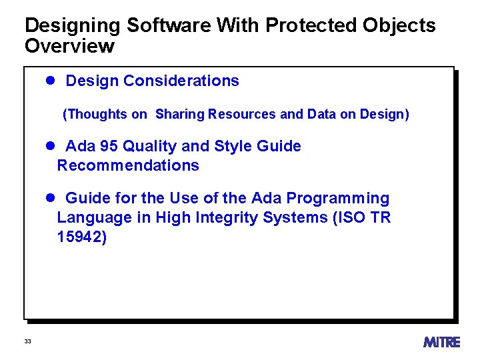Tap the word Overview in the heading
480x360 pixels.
click(x=69, y=47)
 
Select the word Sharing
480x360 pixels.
click(x=180, y=114)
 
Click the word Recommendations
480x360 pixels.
click(x=128, y=165)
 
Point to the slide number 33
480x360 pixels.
click(x=27, y=341)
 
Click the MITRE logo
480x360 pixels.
click(x=441, y=341)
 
